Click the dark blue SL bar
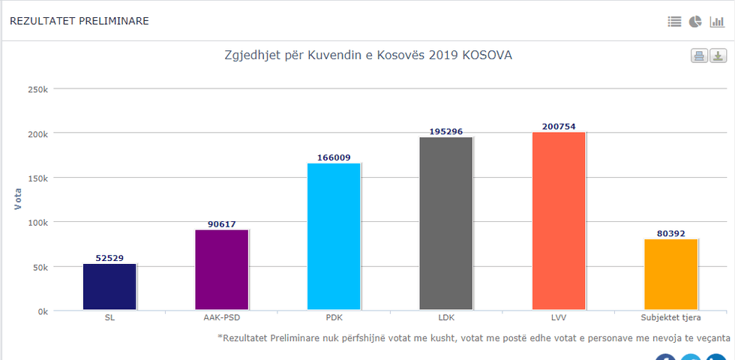[109, 287]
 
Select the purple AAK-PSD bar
[221, 270]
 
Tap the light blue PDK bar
[334, 236]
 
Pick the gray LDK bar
[445, 223]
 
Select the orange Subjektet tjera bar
[670, 274]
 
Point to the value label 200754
[558, 127]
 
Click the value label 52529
[109, 258]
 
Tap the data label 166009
[334, 157]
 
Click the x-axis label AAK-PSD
[221, 318]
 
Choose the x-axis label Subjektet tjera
[670, 318]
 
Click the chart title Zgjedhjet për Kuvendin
[368, 56]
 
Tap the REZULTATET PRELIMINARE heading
[79, 21]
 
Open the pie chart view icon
[695, 22]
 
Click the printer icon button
[699, 56]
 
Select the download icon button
[718, 56]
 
